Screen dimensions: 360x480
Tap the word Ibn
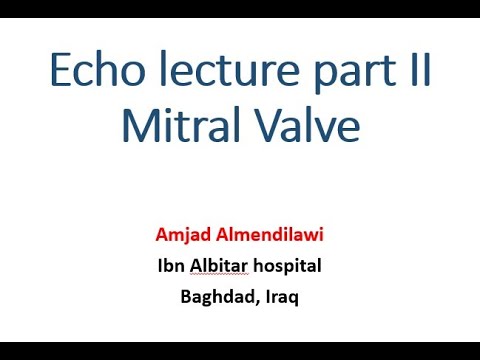pos(171,266)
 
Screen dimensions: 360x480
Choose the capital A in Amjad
pos(162,236)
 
